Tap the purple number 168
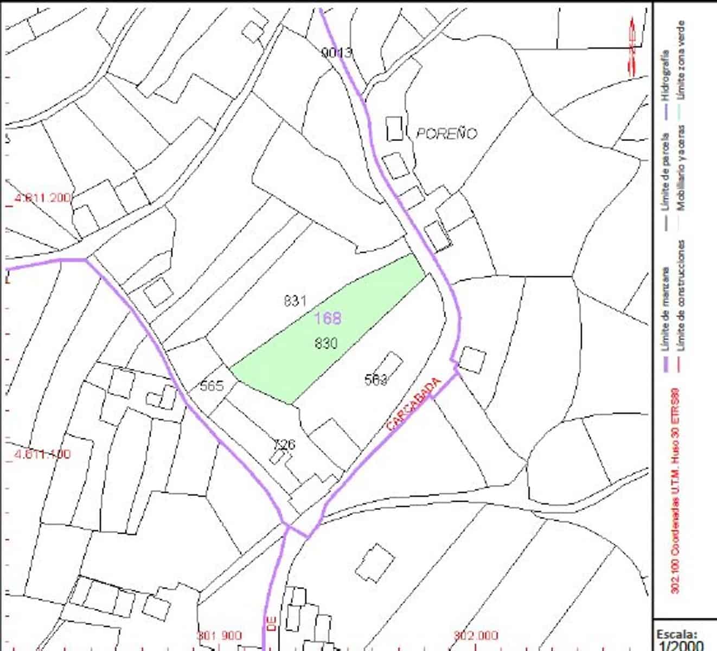tap(328, 318)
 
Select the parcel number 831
tap(296, 301)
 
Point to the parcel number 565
tap(212, 386)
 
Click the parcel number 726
tap(284, 445)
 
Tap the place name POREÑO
tap(446, 133)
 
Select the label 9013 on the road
tap(336, 53)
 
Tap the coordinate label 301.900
tap(219, 635)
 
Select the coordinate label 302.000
tap(476, 635)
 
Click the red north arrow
tap(632, 46)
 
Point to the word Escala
tap(676, 634)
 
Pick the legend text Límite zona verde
tap(681, 60)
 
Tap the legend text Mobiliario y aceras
tap(681, 168)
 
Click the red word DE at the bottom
tap(272, 622)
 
